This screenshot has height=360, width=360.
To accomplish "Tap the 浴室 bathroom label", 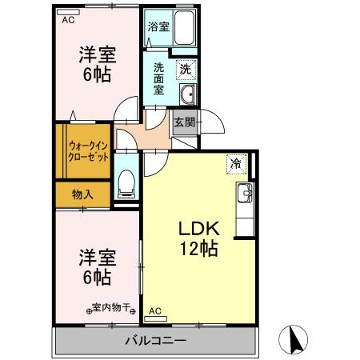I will click(x=158, y=26).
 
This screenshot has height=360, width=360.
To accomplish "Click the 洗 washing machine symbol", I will click(x=185, y=70).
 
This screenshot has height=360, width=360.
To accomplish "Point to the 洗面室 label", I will click(x=159, y=77).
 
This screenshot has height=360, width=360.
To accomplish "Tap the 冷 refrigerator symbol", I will click(x=237, y=162).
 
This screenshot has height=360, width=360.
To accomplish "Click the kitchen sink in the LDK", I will click(x=243, y=193).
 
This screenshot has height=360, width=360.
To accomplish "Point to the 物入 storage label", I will click(x=82, y=194).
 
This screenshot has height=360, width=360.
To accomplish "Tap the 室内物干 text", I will click(x=112, y=307).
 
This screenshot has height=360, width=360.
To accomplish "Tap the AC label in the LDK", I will click(x=155, y=310).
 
